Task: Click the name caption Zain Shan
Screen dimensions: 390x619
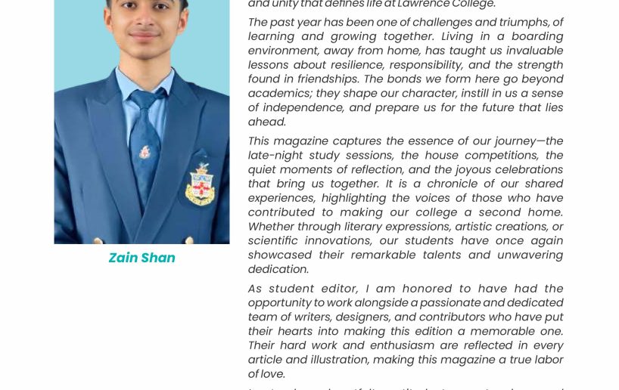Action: (142, 258)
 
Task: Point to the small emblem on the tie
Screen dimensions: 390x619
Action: (145, 152)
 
